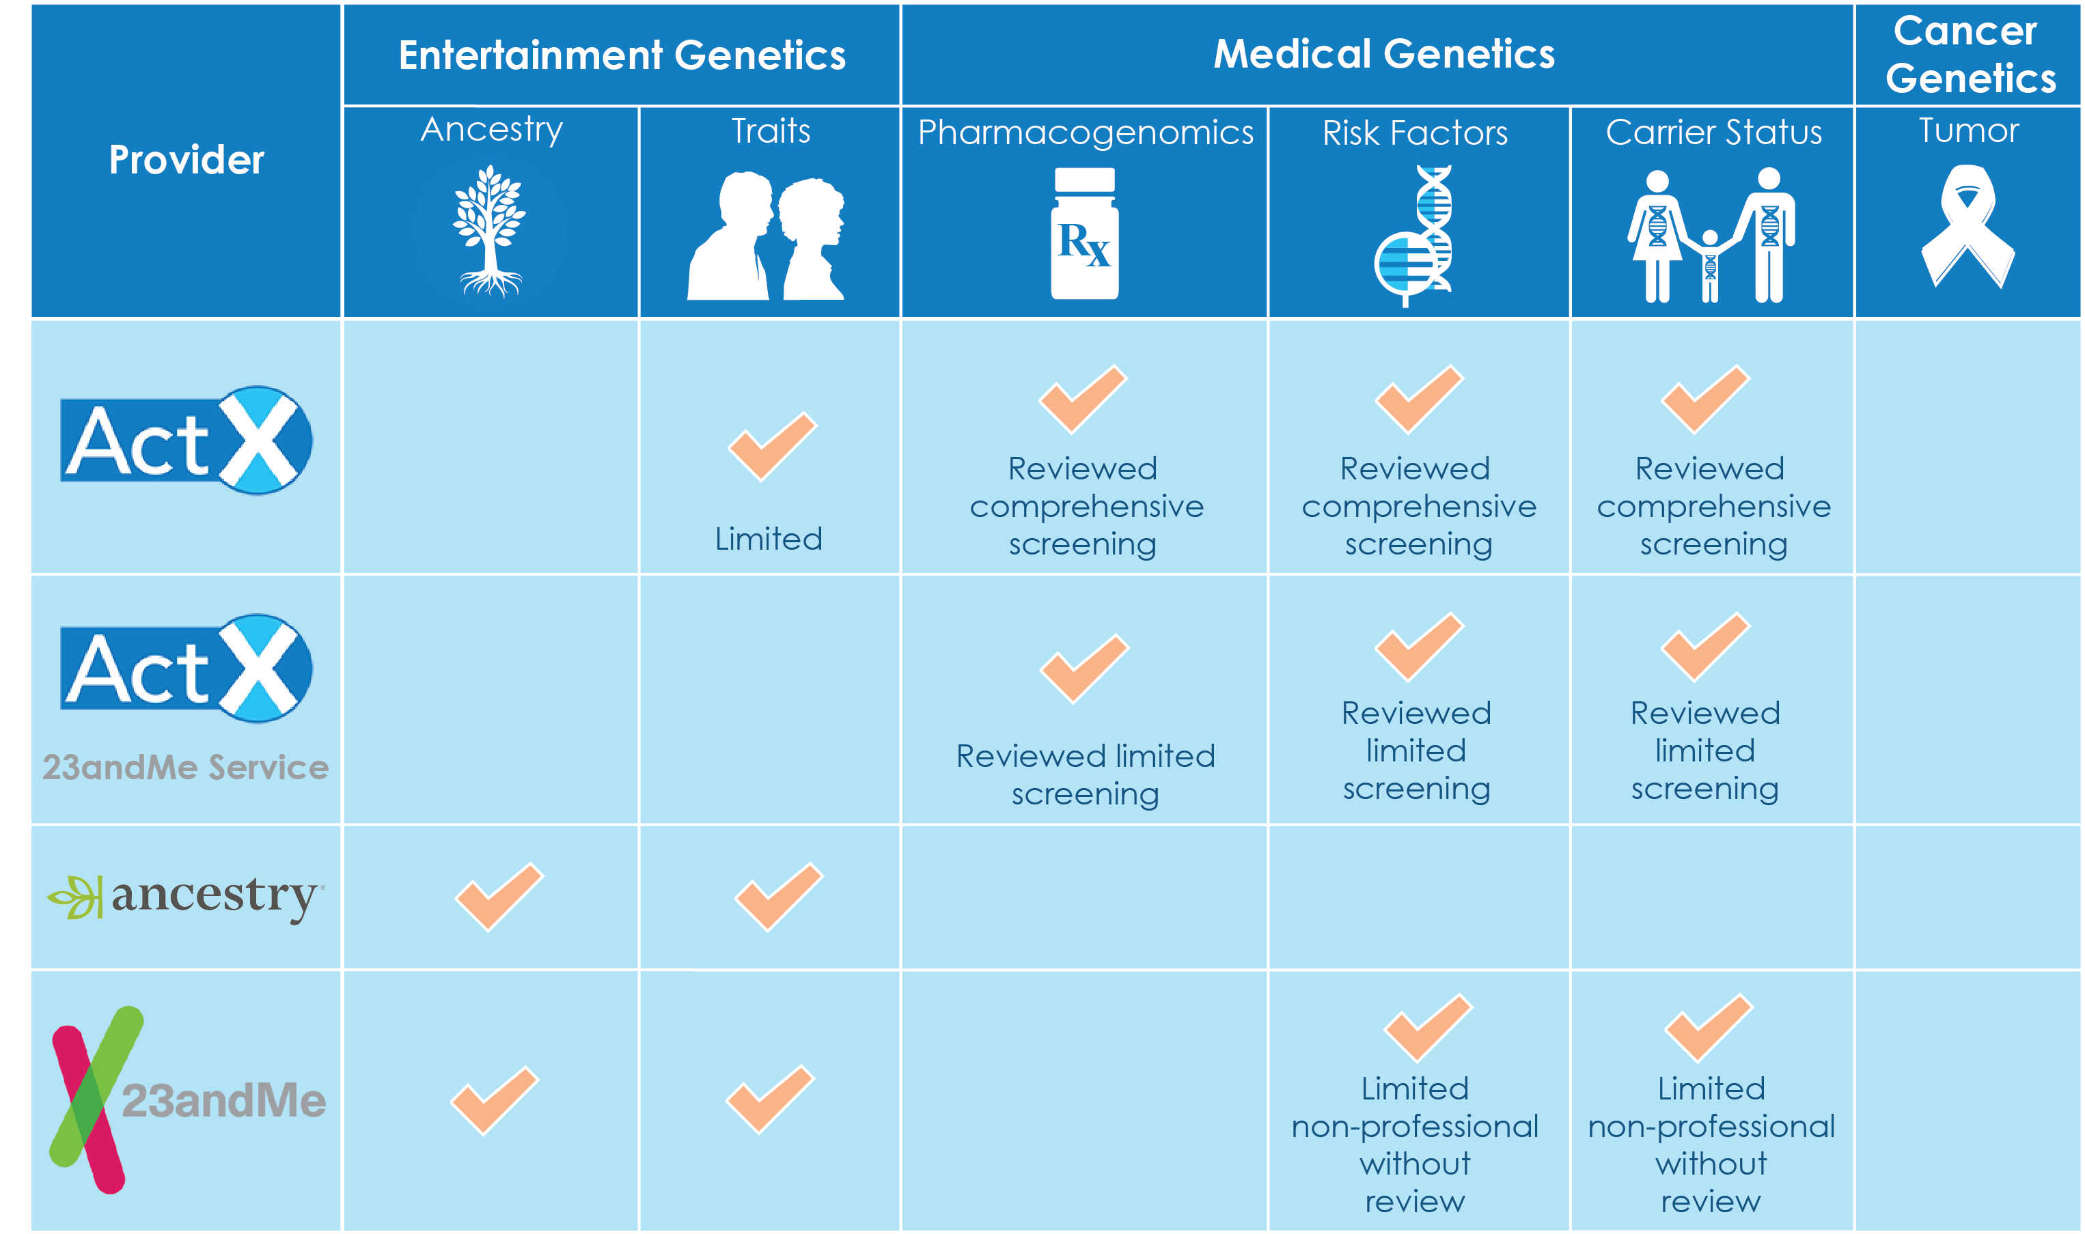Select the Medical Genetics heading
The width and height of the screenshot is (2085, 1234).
point(1384,53)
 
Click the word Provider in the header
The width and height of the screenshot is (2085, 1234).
point(187,160)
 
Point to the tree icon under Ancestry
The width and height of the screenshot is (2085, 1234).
point(490,230)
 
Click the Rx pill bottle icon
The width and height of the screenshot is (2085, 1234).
point(1084,233)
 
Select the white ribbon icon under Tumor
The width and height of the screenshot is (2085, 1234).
point(1967,226)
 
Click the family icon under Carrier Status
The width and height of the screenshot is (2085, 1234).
point(1711,236)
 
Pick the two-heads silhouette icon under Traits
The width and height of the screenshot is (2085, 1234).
point(766,236)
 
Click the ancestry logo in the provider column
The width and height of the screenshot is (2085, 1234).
point(185,897)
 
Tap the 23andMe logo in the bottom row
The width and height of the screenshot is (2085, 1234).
point(187,1099)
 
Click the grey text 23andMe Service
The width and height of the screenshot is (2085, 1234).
point(185,767)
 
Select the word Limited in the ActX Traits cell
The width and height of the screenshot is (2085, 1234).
point(769,539)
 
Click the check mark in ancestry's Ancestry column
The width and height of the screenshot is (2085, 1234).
point(499,897)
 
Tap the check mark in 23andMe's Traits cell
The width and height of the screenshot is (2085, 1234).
point(770,1099)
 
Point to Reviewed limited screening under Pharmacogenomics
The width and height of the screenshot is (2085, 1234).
point(1086,775)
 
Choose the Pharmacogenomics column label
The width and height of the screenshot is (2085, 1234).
point(1086,132)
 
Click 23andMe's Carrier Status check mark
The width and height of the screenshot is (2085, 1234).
point(1709,1028)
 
